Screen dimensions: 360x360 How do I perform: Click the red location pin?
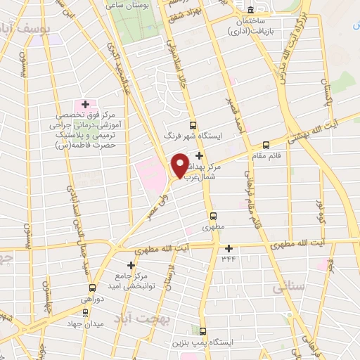[179, 165]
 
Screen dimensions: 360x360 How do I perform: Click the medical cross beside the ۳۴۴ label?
[229, 248]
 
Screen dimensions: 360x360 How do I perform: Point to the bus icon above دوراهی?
[92, 288]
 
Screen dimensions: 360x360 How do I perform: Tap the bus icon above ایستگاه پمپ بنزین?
[203, 330]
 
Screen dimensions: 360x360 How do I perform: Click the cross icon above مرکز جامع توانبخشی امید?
[130, 264]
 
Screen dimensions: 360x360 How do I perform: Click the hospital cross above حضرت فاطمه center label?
[85, 104]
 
